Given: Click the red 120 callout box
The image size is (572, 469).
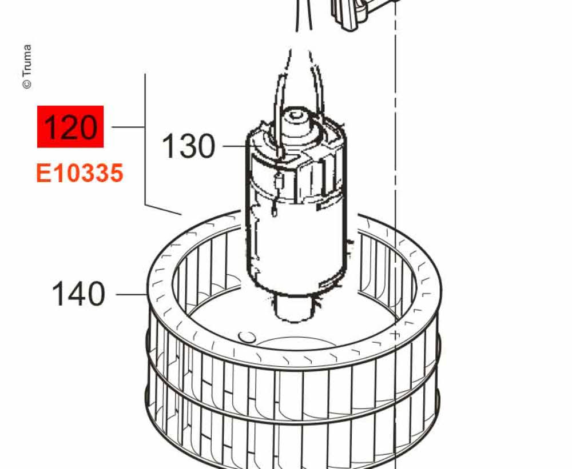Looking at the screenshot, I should point(70,126).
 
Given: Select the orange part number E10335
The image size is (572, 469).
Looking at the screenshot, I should point(80,173).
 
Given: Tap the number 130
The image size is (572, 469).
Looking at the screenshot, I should point(189,147).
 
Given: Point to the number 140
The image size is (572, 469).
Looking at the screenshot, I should point(79,295).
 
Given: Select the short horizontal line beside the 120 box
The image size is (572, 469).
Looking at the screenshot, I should point(128,127).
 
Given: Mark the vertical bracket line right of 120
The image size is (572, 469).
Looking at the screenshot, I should point(145,137).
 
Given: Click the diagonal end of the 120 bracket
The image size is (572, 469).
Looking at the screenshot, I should point(164,209).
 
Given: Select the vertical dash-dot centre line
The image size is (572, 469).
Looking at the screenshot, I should point(395,171).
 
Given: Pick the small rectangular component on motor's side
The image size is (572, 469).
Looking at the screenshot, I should point(279,183).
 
